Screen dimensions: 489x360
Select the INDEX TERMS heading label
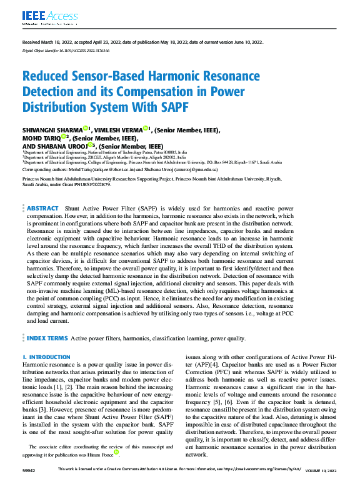[47, 338]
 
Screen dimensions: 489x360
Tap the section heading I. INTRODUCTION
[46, 357]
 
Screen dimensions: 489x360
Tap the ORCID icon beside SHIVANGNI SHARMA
[86, 129]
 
